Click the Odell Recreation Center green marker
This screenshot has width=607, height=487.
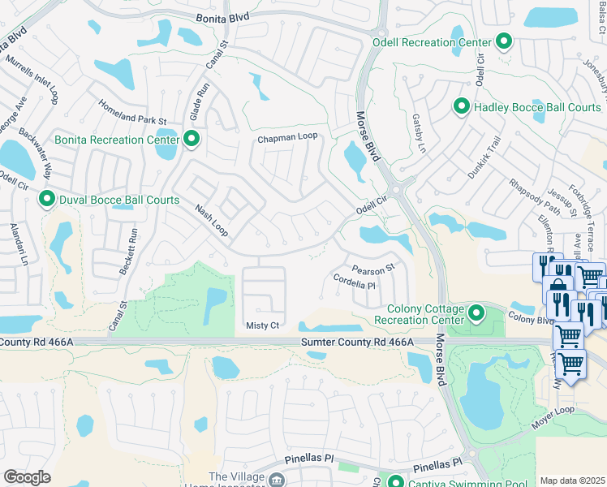[x=504, y=41]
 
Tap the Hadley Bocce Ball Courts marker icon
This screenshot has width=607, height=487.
[x=462, y=106]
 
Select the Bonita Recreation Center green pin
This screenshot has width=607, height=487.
[x=192, y=140]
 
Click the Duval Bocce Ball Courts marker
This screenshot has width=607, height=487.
[x=47, y=198]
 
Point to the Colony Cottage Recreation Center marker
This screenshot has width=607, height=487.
[x=476, y=312]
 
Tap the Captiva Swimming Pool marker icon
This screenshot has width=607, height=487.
[x=395, y=481]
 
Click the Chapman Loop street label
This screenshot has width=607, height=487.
[x=286, y=139]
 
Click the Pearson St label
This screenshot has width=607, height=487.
[x=372, y=268]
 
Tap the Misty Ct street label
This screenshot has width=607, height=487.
[x=262, y=325]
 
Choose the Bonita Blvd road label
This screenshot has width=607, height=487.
[x=230, y=17]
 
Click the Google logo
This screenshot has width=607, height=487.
[x=27, y=477]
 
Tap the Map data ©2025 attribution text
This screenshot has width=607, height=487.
[x=572, y=481]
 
